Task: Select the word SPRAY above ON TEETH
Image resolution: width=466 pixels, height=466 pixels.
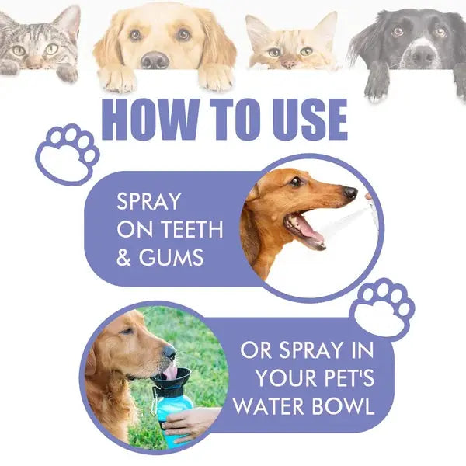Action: tap(148, 202)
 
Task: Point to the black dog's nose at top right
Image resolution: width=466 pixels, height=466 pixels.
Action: tap(423, 54)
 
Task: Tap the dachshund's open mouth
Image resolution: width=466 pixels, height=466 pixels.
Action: tap(307, 228)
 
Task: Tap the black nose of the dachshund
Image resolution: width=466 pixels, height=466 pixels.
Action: tap(351, 193)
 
